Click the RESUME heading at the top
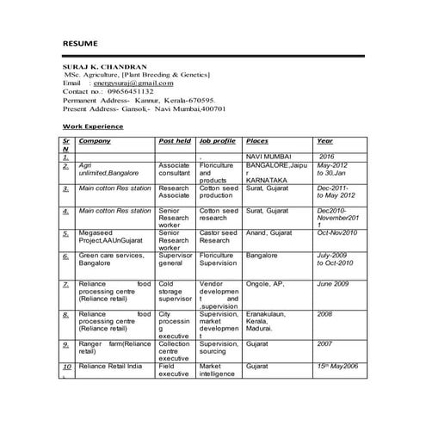coord(80,43)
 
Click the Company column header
coord(95,140)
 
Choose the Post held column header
coord(176,140)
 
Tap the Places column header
coord(256,140)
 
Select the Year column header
coord(324,140)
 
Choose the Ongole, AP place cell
coord(265,283)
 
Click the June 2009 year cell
coord(332,283)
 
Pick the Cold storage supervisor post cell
coord(176,291)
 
